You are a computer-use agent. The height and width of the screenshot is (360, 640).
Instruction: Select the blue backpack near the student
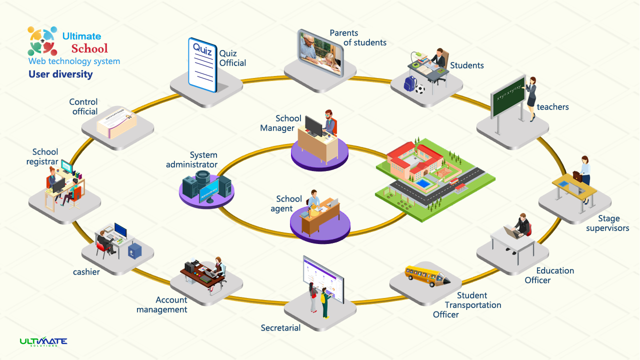tap(410, 83)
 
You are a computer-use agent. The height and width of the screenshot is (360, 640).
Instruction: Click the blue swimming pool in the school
tap(424, 183)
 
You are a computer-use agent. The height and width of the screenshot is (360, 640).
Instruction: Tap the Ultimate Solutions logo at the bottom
tap(43, 342)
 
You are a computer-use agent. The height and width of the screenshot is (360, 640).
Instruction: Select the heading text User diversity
tap(60, 74)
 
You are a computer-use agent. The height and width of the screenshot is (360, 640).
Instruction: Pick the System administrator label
tap(191, 160)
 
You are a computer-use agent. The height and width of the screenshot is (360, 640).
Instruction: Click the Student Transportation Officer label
tap(467, 305)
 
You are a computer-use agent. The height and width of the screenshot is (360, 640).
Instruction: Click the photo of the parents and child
tap(320, 53)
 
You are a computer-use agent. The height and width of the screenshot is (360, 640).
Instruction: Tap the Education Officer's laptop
tap(511, 231)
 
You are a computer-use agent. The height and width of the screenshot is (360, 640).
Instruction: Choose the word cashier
tap(86, 272)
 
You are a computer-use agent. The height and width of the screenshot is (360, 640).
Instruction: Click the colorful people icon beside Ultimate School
tap(42, 41)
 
